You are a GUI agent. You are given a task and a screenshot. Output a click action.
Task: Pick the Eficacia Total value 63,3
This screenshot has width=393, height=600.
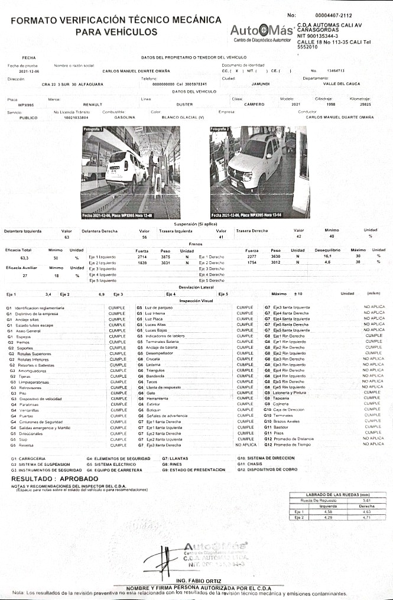pyautogui.click(x=24, y=258)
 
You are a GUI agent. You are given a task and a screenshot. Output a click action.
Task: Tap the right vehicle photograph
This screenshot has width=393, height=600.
pyautogui.click(x=259, y=172)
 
